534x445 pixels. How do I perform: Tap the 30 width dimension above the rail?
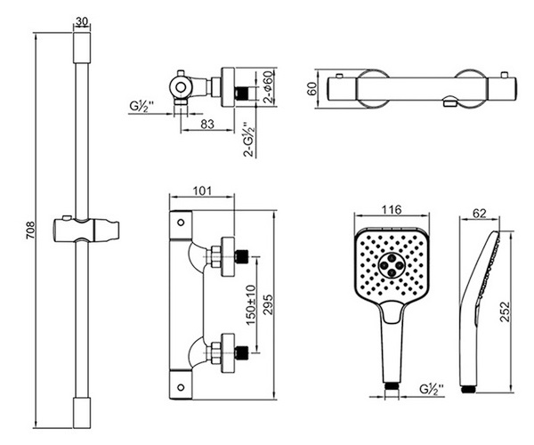coord(83,21)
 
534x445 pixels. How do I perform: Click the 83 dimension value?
coord(207,125)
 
